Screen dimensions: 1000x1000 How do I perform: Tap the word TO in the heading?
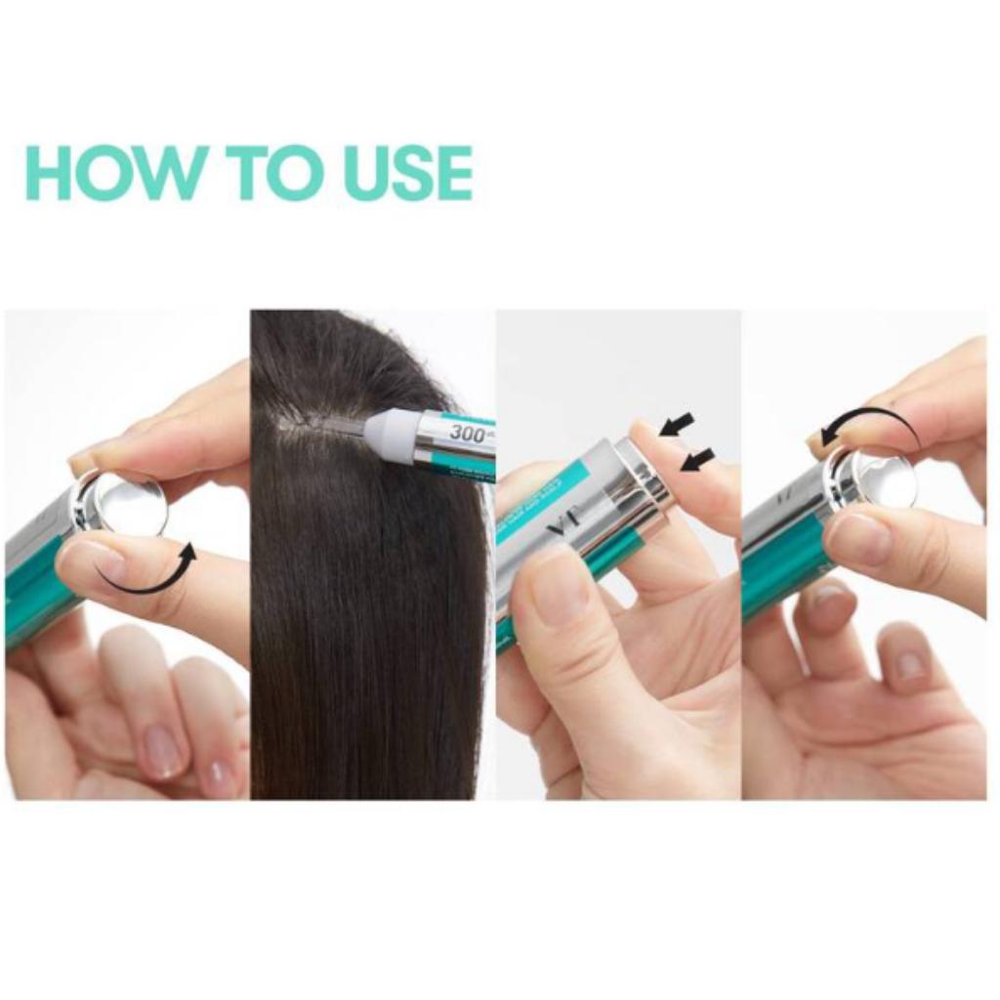point(270,174)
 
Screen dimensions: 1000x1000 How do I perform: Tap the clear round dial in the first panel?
point(131,504)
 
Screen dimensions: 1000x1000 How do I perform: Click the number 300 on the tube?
point(468,433)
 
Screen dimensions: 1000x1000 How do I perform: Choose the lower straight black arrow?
point(697,458)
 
